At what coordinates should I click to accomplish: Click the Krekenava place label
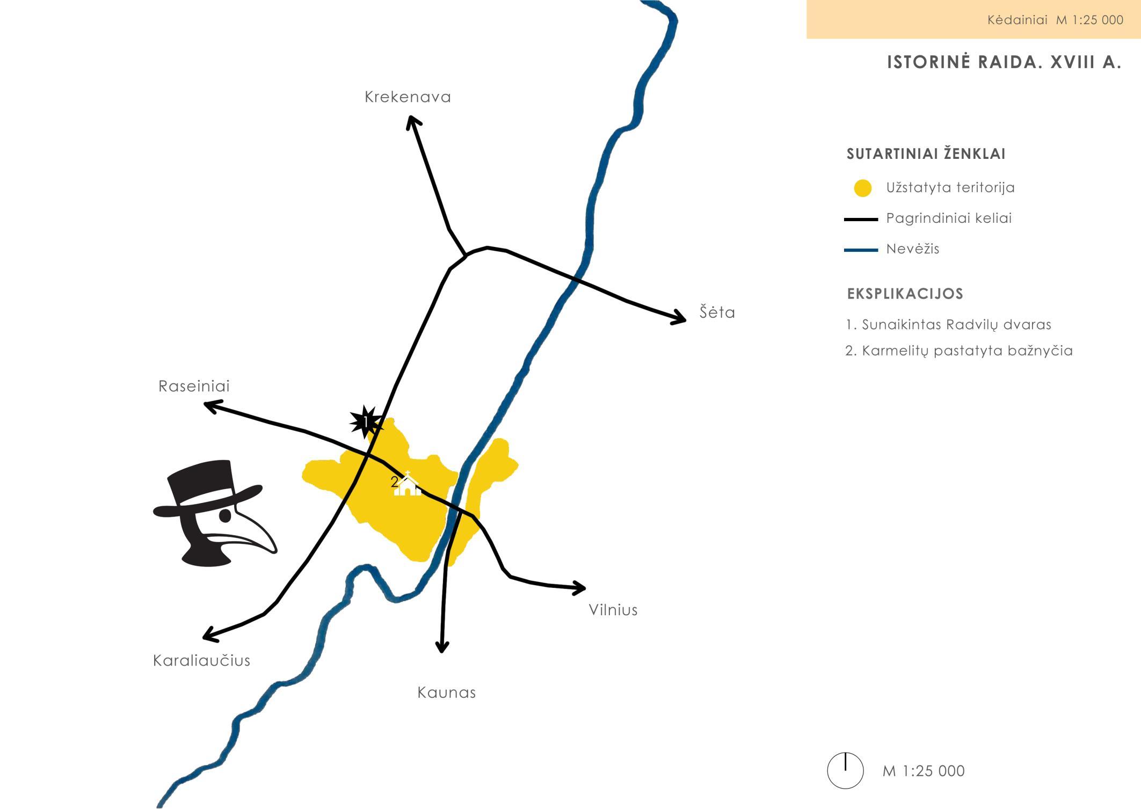[408, 97]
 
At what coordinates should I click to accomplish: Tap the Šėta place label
[717, 312]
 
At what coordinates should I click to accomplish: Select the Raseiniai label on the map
[194, 386]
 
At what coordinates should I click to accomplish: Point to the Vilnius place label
[613, 610]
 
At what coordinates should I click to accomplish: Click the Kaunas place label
[446, 693]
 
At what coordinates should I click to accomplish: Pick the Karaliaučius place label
[201, 660]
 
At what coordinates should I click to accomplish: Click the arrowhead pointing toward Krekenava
[412, 121]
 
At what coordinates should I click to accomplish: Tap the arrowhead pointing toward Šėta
[681, 318]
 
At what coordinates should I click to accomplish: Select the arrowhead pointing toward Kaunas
[441, 647]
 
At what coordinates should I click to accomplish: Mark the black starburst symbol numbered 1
[366, 422]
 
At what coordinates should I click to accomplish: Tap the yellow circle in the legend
[862, 188]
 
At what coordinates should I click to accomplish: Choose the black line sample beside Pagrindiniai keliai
[861, 219]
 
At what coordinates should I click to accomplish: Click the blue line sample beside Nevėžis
[861, 250]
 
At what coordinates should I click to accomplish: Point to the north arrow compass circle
[845, 770]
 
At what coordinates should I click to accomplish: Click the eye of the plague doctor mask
[226, 515]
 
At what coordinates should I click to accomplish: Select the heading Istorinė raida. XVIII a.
[1004, 63]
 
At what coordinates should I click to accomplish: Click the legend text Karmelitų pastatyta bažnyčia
[959, 351]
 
